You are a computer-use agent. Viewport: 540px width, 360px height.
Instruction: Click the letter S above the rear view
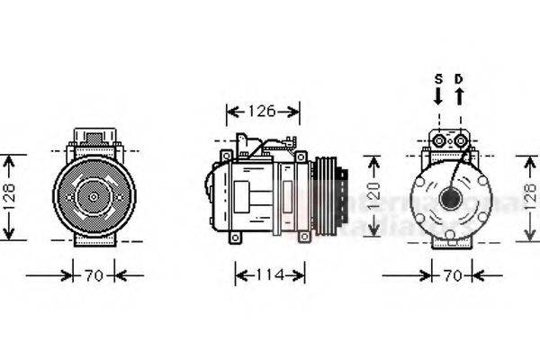(x=438, y=78)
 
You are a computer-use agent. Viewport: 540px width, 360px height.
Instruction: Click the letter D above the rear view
(x=458, y=78)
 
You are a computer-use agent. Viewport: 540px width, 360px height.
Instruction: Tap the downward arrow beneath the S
(x=438, y=95)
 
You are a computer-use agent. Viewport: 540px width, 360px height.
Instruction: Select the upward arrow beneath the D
(x=458, y=95)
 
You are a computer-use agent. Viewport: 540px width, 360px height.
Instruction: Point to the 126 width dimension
(x=263, y=112)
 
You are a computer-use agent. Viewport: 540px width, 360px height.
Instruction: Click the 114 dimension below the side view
(x=269, y=274)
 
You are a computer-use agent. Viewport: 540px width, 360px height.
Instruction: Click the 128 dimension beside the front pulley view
(x=8, y=196)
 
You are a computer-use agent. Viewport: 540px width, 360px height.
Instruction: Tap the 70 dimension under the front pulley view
(x=93, y=274)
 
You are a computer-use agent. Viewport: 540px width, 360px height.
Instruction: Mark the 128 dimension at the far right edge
(x=530, y=196)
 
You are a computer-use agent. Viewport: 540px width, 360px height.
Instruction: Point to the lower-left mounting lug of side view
(x=236, y=238)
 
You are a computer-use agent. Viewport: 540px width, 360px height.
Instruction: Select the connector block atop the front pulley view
(x=92, y=140)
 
